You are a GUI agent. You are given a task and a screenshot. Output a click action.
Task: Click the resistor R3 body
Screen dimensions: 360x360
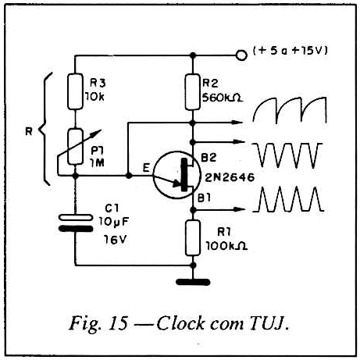pos(75,91)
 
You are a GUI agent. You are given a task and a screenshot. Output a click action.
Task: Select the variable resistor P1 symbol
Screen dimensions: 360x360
pos(76,147)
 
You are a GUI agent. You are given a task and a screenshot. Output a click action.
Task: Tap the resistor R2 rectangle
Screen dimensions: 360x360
pos(193,92)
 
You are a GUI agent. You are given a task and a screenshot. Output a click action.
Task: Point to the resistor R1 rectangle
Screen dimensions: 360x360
pos(193,237)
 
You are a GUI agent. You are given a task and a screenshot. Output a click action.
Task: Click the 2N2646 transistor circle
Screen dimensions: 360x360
pos(176,175)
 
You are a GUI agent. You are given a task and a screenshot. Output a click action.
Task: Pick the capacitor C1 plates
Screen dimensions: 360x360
pos(76,223)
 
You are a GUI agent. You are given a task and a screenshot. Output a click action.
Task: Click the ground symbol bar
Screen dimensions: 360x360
pos(193,282)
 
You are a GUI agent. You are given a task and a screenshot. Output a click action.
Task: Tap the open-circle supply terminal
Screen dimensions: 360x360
pos(241,55)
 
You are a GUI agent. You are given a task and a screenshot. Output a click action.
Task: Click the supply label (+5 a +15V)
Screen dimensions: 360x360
pos(290,51)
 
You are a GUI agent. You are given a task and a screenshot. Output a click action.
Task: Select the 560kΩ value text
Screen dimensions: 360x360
pos(223,98)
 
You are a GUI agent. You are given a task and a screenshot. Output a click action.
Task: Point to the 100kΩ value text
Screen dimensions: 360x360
pos(226,246)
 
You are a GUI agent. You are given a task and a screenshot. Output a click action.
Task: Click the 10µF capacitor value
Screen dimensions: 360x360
pos(114,222)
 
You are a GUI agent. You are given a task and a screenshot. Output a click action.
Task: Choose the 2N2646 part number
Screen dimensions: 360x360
pos(230,177)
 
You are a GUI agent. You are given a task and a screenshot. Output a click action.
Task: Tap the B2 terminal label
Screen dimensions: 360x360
pos(209,157)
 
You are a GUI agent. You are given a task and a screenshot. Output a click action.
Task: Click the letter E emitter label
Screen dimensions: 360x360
pos(146,168)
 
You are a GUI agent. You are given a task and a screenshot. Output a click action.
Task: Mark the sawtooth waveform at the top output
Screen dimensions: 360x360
pos(290,110)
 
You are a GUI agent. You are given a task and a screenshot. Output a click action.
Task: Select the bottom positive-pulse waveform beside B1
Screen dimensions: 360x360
pos(288,199)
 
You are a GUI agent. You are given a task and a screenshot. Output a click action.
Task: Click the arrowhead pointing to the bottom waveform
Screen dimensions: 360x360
pos(239,209)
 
